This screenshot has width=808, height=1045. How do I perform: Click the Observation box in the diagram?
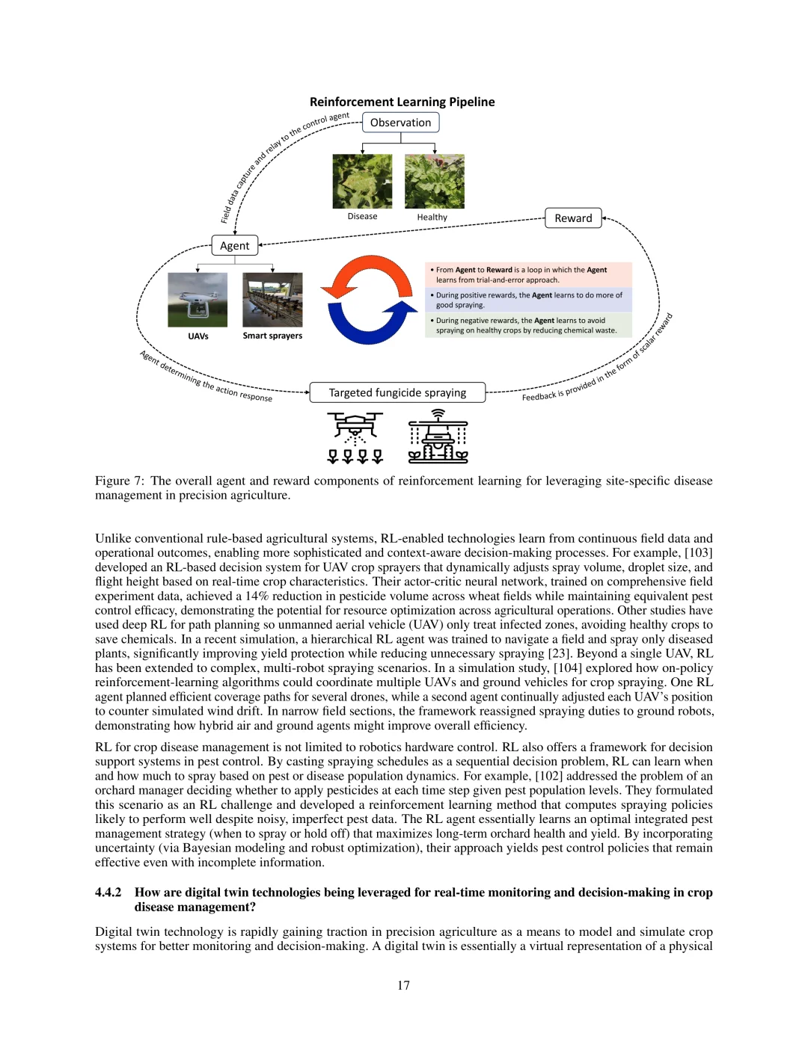click(400, 123)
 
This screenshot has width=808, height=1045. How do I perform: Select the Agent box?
click(234, 246)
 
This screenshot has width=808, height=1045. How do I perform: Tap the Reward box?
click(573, 218)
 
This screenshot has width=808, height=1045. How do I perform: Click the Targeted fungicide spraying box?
click(397, 392)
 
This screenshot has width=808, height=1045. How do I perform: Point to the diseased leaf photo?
click(362, 182)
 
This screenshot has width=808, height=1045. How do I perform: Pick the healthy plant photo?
click(434, 182)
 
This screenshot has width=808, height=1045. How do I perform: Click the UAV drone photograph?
click(198, 300)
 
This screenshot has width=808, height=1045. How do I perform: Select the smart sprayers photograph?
click(272, 300)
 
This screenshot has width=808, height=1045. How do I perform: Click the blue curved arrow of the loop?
click(370, 325)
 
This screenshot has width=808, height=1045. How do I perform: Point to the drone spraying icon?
click(355, 437)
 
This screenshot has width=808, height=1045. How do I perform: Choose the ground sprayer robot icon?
click(438, 437)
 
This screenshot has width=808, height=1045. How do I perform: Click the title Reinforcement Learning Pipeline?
click(402, 102)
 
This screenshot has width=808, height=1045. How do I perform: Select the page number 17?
click(403, 985)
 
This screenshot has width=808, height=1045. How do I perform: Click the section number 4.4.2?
click(108, 893)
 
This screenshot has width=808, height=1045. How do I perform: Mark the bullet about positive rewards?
click(528, 300)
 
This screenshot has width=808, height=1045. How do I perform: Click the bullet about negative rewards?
click(526, 325)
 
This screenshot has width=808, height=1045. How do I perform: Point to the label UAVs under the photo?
click(198, 336)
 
